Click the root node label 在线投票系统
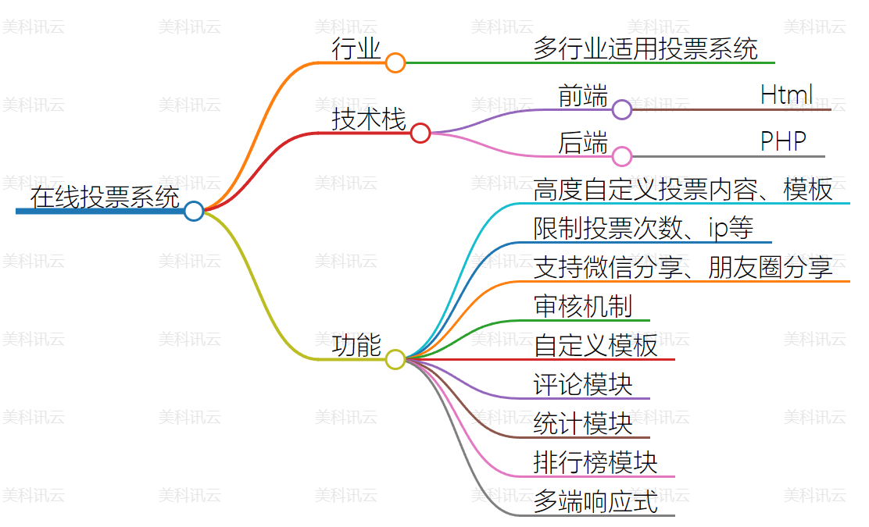105,197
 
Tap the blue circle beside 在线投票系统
194,211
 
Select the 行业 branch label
356,50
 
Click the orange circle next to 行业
395,62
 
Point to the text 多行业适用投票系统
645,49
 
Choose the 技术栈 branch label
369,119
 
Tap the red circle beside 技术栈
420,133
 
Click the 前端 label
583,96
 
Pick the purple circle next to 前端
622,109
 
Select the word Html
786,95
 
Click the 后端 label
583,143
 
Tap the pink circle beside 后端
622,156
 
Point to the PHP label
783,142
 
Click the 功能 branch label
356,346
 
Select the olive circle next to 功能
395,359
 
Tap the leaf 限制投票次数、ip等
643,229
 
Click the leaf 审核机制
583,307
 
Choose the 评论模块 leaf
583,385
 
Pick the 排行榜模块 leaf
595,463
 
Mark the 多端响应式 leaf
595,502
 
